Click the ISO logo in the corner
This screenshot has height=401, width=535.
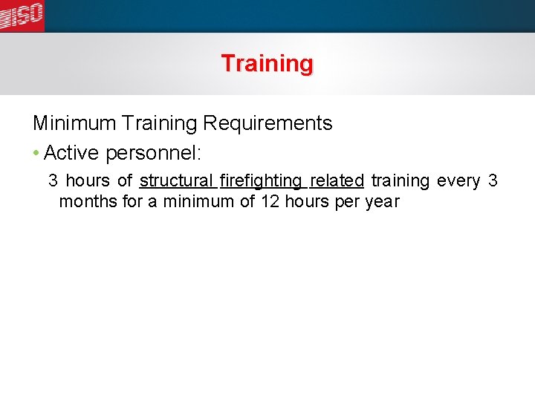[22, 15]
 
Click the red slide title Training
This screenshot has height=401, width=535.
[267, 64]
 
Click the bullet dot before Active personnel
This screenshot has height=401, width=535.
[36, 154]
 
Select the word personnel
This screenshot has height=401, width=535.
[153, 154]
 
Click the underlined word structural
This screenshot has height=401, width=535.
[177, 181]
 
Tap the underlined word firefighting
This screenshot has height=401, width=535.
[262, 181]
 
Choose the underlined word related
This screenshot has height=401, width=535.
[337, 181]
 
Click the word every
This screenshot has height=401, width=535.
[458, 181]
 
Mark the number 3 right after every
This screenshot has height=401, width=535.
[493, 181]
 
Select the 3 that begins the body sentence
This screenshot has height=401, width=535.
[53, 181]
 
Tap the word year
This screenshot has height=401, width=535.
[382, 202]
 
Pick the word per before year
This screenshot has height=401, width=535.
[347, 202]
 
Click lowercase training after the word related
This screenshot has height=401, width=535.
[401, 181]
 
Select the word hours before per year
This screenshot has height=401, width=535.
[308, 202]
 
